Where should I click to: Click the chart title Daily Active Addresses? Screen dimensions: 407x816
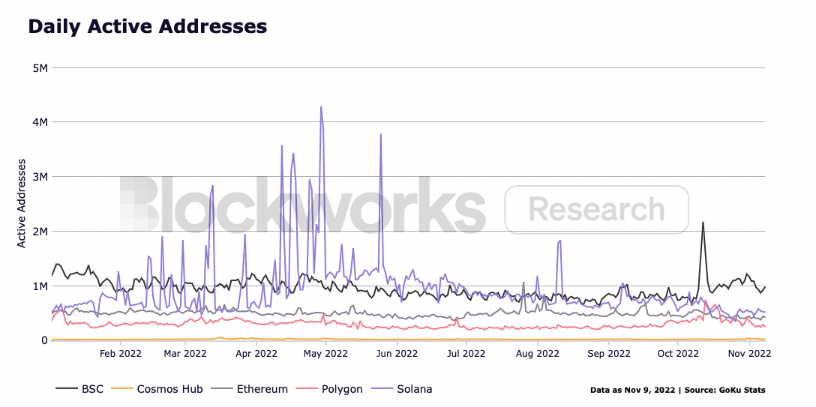pyautogui.click(x=147, y=26)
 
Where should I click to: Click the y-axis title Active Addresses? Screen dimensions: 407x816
pyautogui.click(x=22, y=203)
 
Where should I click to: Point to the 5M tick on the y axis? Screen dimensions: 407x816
pyautogui.click(x=40, y=67)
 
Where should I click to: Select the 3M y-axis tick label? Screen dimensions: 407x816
pyautogui.click(x=40, y=177)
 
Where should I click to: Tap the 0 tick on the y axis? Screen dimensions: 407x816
pyautogui.click(x=44, y=340)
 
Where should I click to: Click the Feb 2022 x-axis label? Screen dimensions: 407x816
pyautogui.click(x=121, y=352)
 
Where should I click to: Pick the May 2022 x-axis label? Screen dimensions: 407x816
pyautogui.click(x=325, y=352)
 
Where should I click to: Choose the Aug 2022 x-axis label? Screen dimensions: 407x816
pyautogui.click(x=538, y=352)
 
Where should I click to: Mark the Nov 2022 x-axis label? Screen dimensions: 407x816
pyautogui.click(x=749, y=352)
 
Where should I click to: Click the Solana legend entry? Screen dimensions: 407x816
pyautogui.click(x=413, y=389)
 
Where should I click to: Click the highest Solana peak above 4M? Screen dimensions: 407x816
pyautogui.click(x=321, y=107)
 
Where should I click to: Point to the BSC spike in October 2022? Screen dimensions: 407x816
pyautogui.click(x=703, y=223)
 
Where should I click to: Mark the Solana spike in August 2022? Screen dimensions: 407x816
pyautogui.click(x=559, y=241)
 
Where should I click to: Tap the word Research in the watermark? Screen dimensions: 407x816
pyautogui.click(x=596, y=209)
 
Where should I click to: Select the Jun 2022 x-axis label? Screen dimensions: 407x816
pyautogui.click(x=397, y=352)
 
